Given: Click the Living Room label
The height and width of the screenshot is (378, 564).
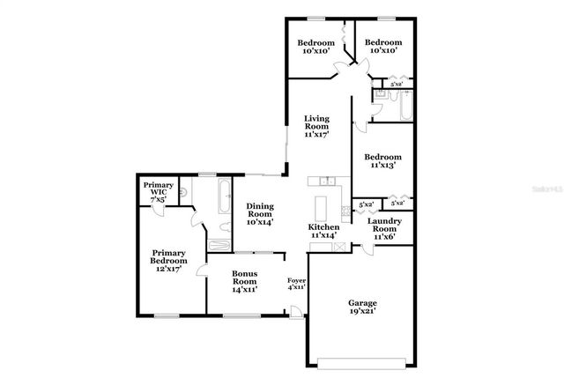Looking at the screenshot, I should tap(316, 127).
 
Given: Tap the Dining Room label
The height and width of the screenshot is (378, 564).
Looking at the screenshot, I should tap(259, 214).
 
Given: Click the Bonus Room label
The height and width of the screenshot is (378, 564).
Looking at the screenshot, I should tap(244, 280).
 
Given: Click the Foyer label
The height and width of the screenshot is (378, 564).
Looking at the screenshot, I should tap(297, 282).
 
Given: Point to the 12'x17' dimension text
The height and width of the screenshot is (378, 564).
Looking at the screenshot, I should tap(167, 268).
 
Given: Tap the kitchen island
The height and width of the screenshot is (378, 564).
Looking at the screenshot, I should tap(322, 207).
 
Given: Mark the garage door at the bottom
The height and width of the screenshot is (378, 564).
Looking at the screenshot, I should tap(364, 361).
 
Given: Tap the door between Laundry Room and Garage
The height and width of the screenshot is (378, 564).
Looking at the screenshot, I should tap(367, 250).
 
